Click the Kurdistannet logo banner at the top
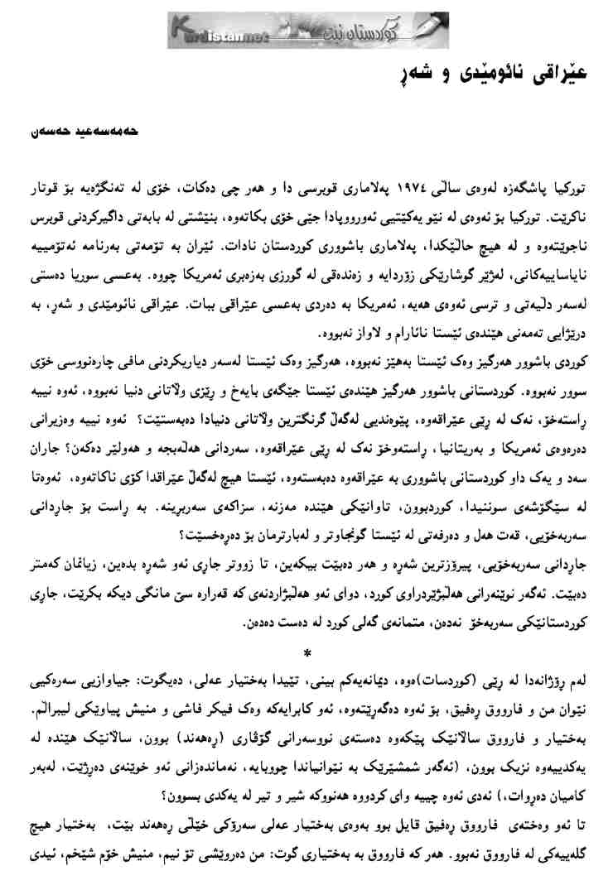(x=306, y=31)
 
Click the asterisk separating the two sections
(x=307, y=654)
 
